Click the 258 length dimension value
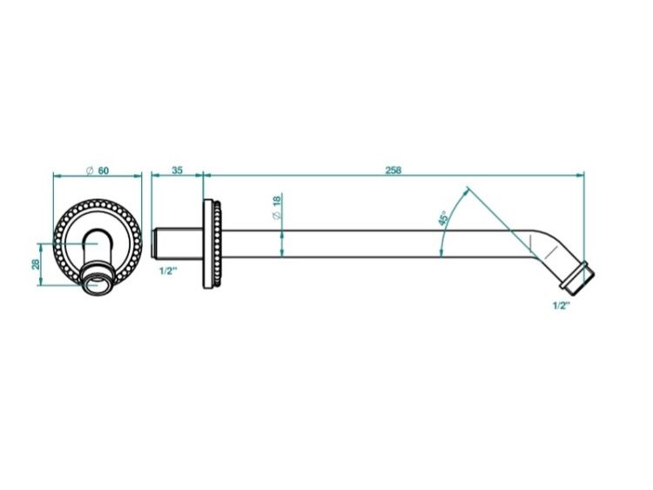pos(393,171)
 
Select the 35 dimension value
pos(178,171)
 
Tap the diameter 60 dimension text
pos(98,171)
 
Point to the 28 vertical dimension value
pos(36,265)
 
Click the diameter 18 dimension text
pos(277,208)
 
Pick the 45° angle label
pos(443,218)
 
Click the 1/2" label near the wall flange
pos(169,271)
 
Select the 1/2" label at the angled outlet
pos(561,305)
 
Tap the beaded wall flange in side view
pos(212,244)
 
